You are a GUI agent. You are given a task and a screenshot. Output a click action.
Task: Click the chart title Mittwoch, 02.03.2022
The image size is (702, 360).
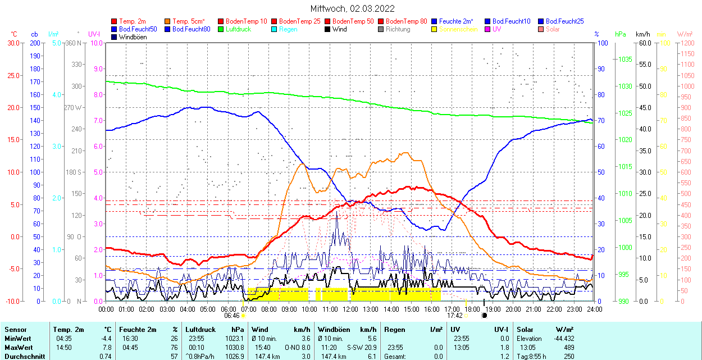[x=352, y=8]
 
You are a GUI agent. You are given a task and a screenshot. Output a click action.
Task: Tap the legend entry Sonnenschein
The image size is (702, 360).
[x=458, y=29]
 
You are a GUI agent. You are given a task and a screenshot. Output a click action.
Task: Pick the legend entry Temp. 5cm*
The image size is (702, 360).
[x=188, y=21]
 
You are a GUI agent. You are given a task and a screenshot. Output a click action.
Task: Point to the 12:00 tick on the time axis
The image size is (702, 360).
[x=350, y=309]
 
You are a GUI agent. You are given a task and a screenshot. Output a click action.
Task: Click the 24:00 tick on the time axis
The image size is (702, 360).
[x=594, y=309]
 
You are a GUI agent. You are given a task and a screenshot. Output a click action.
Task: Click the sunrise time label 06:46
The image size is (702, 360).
[x=233, y=316]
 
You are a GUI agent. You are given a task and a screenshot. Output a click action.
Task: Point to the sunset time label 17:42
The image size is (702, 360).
[x=454, y=316]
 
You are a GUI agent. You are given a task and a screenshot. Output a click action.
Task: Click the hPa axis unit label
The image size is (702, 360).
[x=620, y=34]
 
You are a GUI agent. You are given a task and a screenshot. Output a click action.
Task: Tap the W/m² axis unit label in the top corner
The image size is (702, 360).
[x=684, y=34]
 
